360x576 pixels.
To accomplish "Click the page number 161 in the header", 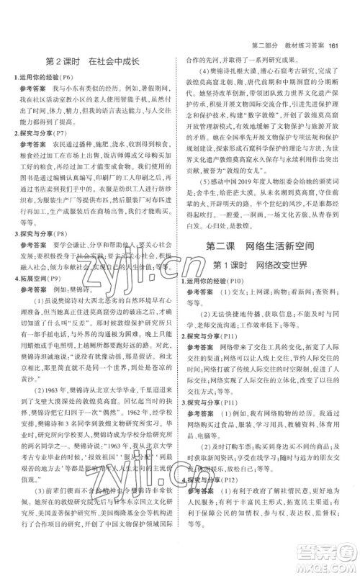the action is click(x=332, y=8).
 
